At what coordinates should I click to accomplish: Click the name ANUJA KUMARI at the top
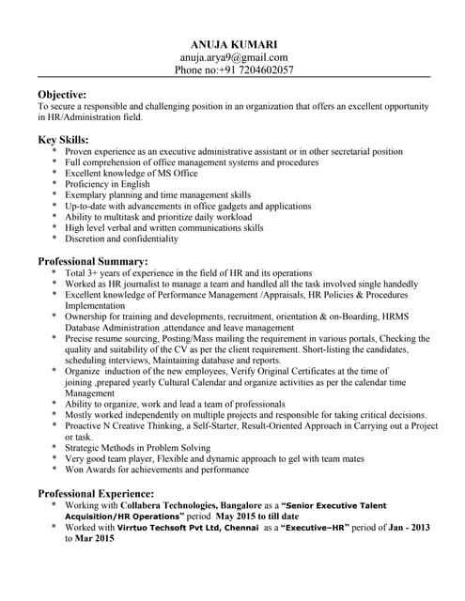pos(233,44)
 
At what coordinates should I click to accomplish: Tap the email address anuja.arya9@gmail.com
pos(233,57)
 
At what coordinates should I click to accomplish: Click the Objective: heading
pos(62,95)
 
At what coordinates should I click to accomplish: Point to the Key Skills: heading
pos(63,139)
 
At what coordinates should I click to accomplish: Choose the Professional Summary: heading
pos(93,260)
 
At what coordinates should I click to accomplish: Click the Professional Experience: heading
pos(97,493)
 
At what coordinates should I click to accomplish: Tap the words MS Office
pos(172,173)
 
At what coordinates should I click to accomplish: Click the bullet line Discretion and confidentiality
pos(133,239)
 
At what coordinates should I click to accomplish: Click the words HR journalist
pos(140,284)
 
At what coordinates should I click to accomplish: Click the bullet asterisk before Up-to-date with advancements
pos(54,207)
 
